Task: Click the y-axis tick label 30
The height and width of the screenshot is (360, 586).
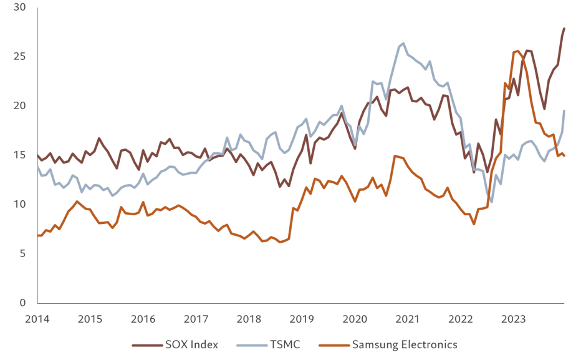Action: pos(23,8)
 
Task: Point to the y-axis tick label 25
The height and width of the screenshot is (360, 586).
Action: pos(23,57)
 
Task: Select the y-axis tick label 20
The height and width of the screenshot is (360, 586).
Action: pos(23,106)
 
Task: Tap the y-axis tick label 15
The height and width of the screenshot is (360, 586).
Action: pos(23,155)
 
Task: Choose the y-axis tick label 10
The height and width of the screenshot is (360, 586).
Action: pos(23,205)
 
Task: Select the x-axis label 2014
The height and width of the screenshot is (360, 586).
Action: pos(37,319)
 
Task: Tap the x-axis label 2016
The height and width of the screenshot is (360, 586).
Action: pos(143,319)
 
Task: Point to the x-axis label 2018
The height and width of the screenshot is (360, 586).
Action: pos(249,319)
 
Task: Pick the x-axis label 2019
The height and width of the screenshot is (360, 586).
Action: pos(302,319)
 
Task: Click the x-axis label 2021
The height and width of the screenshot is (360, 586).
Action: pos(407,319)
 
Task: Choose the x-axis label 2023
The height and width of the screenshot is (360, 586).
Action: pos(512,319)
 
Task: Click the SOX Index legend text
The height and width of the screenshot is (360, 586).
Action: pos(192,344)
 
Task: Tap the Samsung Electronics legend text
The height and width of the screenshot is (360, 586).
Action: pos(405,344)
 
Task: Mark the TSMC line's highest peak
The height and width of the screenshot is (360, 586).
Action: pos(403,43)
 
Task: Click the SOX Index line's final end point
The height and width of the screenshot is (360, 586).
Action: pos(564,27)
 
